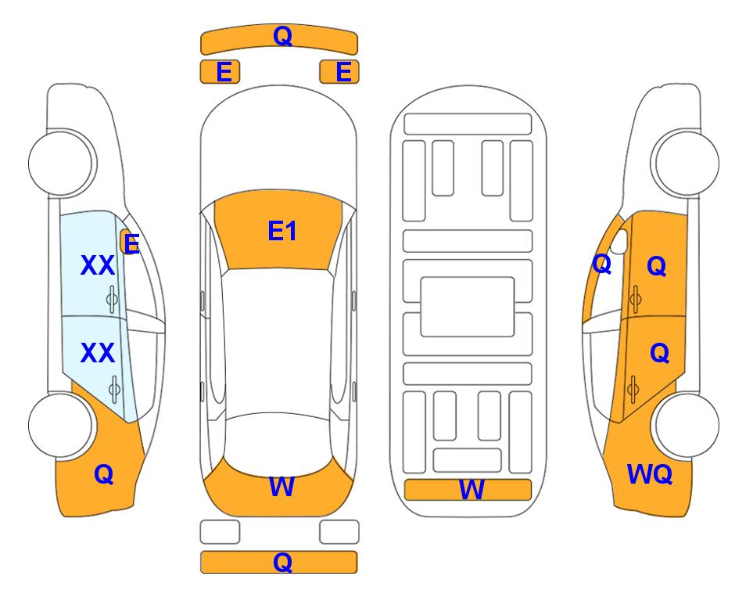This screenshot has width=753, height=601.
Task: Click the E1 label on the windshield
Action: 282,231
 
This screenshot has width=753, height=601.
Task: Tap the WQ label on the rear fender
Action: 649,474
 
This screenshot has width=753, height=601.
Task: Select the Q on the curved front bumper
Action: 282,36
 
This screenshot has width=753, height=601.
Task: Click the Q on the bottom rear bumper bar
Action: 282,562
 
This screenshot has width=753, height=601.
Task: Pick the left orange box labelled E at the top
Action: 220,72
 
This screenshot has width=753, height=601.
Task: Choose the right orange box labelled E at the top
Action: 339,72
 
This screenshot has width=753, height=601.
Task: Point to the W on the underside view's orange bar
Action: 471,490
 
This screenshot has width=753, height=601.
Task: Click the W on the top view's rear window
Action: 281,487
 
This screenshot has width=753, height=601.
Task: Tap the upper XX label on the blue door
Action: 98,265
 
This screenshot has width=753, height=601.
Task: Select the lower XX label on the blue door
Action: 98,354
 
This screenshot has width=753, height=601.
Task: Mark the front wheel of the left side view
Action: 61,164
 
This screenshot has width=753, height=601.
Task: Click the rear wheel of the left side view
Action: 61,426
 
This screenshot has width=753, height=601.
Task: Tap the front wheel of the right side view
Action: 687,164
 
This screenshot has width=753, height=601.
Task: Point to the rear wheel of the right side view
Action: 687,426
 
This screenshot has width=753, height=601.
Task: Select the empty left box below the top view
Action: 220,532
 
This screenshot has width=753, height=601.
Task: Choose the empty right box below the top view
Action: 339,532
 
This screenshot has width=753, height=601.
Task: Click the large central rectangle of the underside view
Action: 468,307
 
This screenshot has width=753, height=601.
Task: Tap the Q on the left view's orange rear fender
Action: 104,475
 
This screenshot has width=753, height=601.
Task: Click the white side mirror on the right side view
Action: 619,241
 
